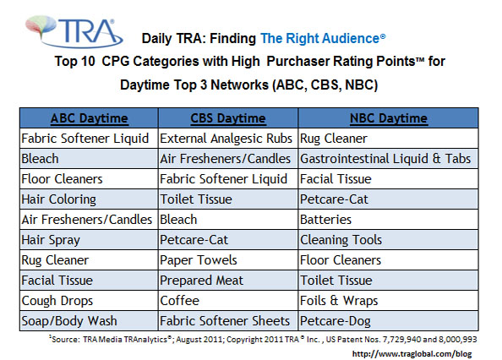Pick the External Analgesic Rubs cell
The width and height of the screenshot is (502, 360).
click(x=226, y=138)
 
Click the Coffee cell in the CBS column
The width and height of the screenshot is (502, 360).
click(x=180, y=300)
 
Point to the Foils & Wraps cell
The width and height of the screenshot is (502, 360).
click(x=336, y=300)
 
